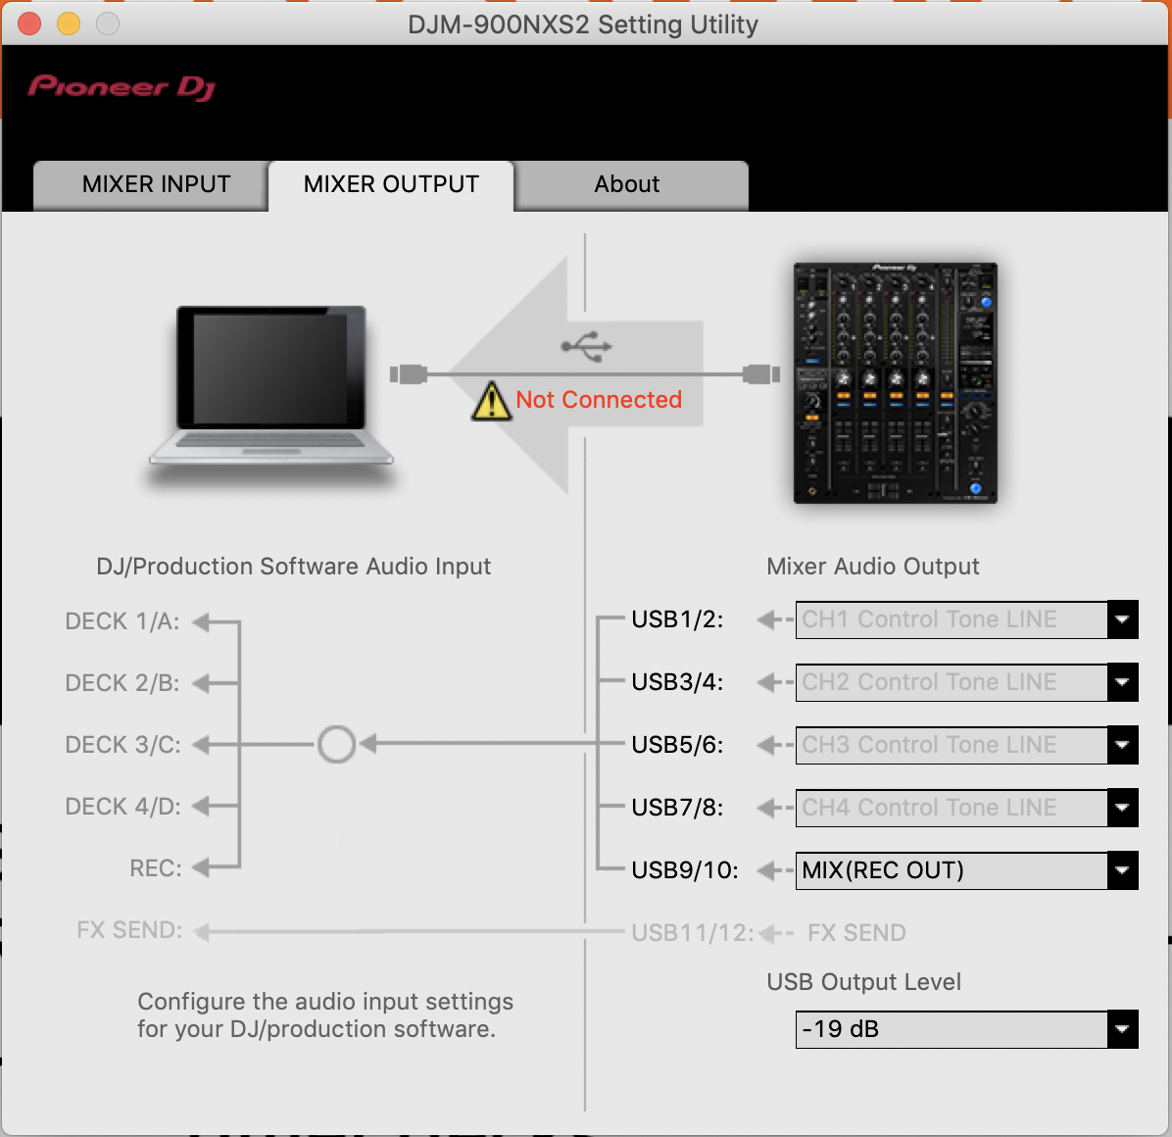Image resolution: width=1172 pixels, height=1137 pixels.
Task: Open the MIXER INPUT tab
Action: pos(156,184)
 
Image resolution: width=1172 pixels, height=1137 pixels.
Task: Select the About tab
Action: pos(627,184)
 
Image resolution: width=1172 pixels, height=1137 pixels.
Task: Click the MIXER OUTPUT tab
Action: pos(391,184)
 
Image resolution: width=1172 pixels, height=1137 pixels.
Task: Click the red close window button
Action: pos(29,24)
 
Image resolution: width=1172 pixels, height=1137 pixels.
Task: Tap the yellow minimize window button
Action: pos(69,24)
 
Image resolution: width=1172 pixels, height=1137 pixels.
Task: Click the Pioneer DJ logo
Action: pos(122,87)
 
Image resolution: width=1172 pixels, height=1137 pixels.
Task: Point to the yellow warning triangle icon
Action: pos(490,401)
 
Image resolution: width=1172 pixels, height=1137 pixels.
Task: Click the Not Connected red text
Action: pos(599,400)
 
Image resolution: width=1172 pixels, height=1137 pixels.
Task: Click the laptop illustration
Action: pos(270,387)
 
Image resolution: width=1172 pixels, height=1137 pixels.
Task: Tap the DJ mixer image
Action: pos(895,382)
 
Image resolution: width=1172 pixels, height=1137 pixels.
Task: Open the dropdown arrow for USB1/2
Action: pos(1122,619)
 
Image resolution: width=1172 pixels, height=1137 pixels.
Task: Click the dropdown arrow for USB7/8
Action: pos(1122,808)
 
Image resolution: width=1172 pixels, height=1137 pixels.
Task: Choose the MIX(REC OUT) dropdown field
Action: pos(952,870)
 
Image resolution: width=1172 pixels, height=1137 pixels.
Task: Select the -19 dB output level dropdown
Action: pos(952,1029)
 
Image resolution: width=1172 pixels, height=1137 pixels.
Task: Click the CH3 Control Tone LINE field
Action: pos(952,745)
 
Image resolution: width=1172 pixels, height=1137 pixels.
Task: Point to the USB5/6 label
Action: pos(677,745)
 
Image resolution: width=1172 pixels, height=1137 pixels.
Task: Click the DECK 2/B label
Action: pos(122,683)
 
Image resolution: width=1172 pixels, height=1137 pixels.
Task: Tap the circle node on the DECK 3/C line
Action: pos(336,745)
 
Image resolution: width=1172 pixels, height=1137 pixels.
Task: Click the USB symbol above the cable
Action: pos(586,346)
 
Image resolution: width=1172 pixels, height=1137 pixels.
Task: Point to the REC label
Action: pos(156,868)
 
